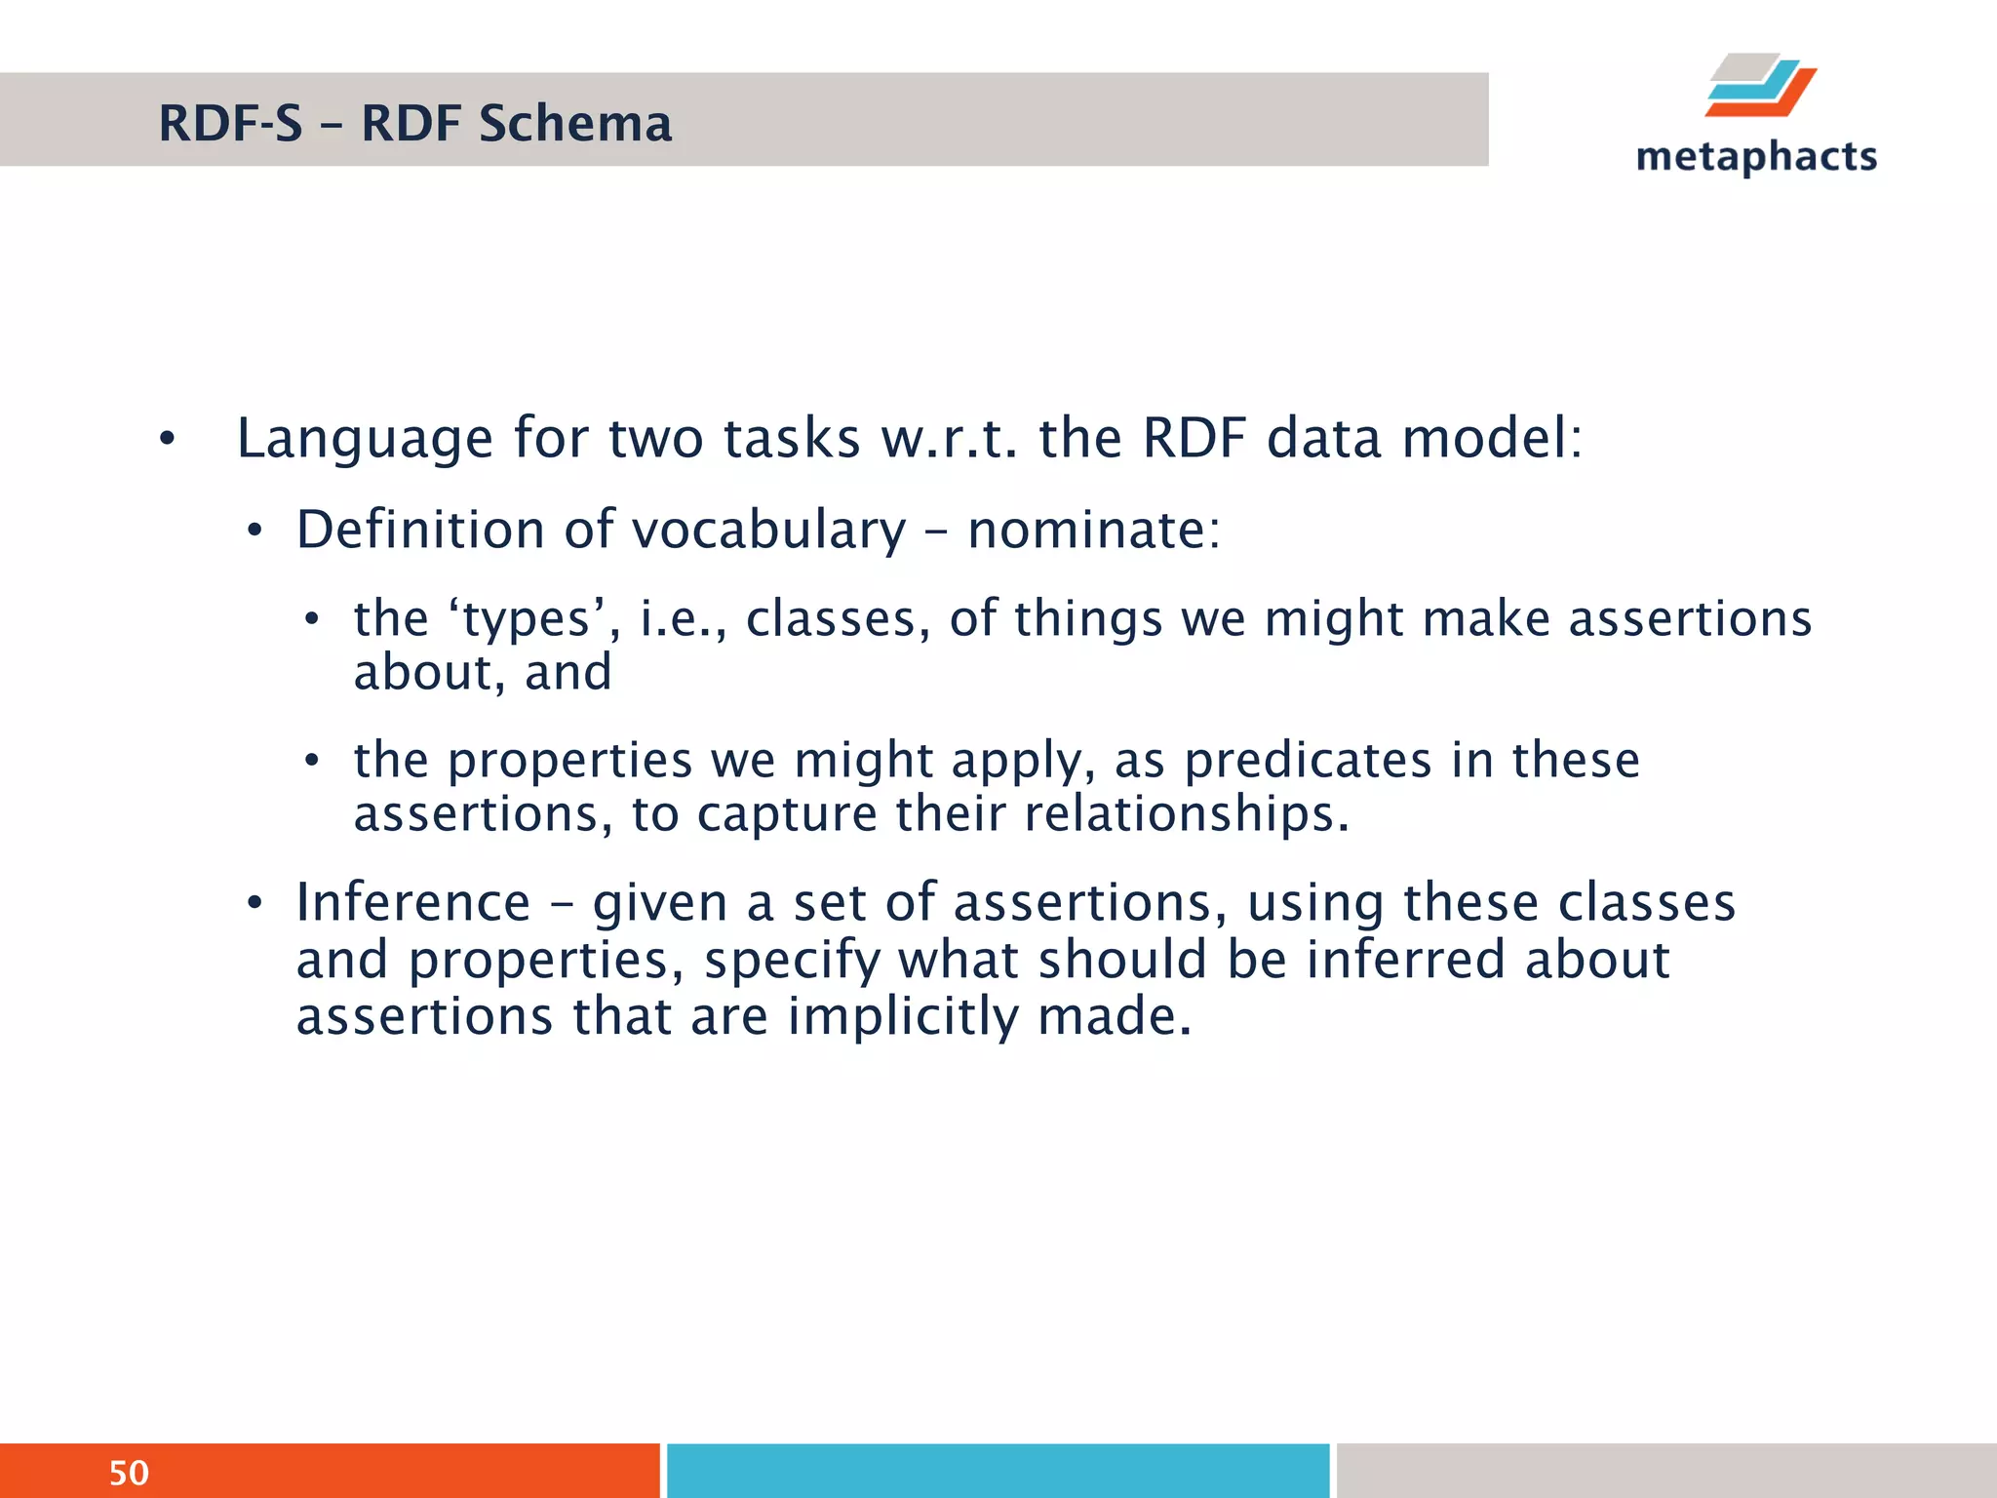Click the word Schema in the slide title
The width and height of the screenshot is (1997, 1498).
pos(574,124)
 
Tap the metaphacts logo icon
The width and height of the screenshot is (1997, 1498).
pos(1760,86)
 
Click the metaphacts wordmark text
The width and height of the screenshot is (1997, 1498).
pos(1756,157)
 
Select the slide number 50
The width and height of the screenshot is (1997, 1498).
pos(129,1473)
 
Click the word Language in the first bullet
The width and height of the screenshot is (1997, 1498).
pos(365,439)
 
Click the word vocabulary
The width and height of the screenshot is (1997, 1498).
pos(768,531)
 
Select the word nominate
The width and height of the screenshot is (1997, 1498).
pos(1092,531)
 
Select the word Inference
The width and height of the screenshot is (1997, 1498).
pos(413,902)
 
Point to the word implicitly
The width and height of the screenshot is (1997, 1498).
pos(903,1016)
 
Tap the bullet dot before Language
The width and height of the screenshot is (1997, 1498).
pos(167,440)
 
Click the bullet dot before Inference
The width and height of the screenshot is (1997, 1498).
pos(255,903)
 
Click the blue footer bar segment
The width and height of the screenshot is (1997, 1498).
pos(998,1471)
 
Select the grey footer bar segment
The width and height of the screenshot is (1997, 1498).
pos(1665,1471)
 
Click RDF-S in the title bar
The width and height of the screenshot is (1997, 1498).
pos(231,124)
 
